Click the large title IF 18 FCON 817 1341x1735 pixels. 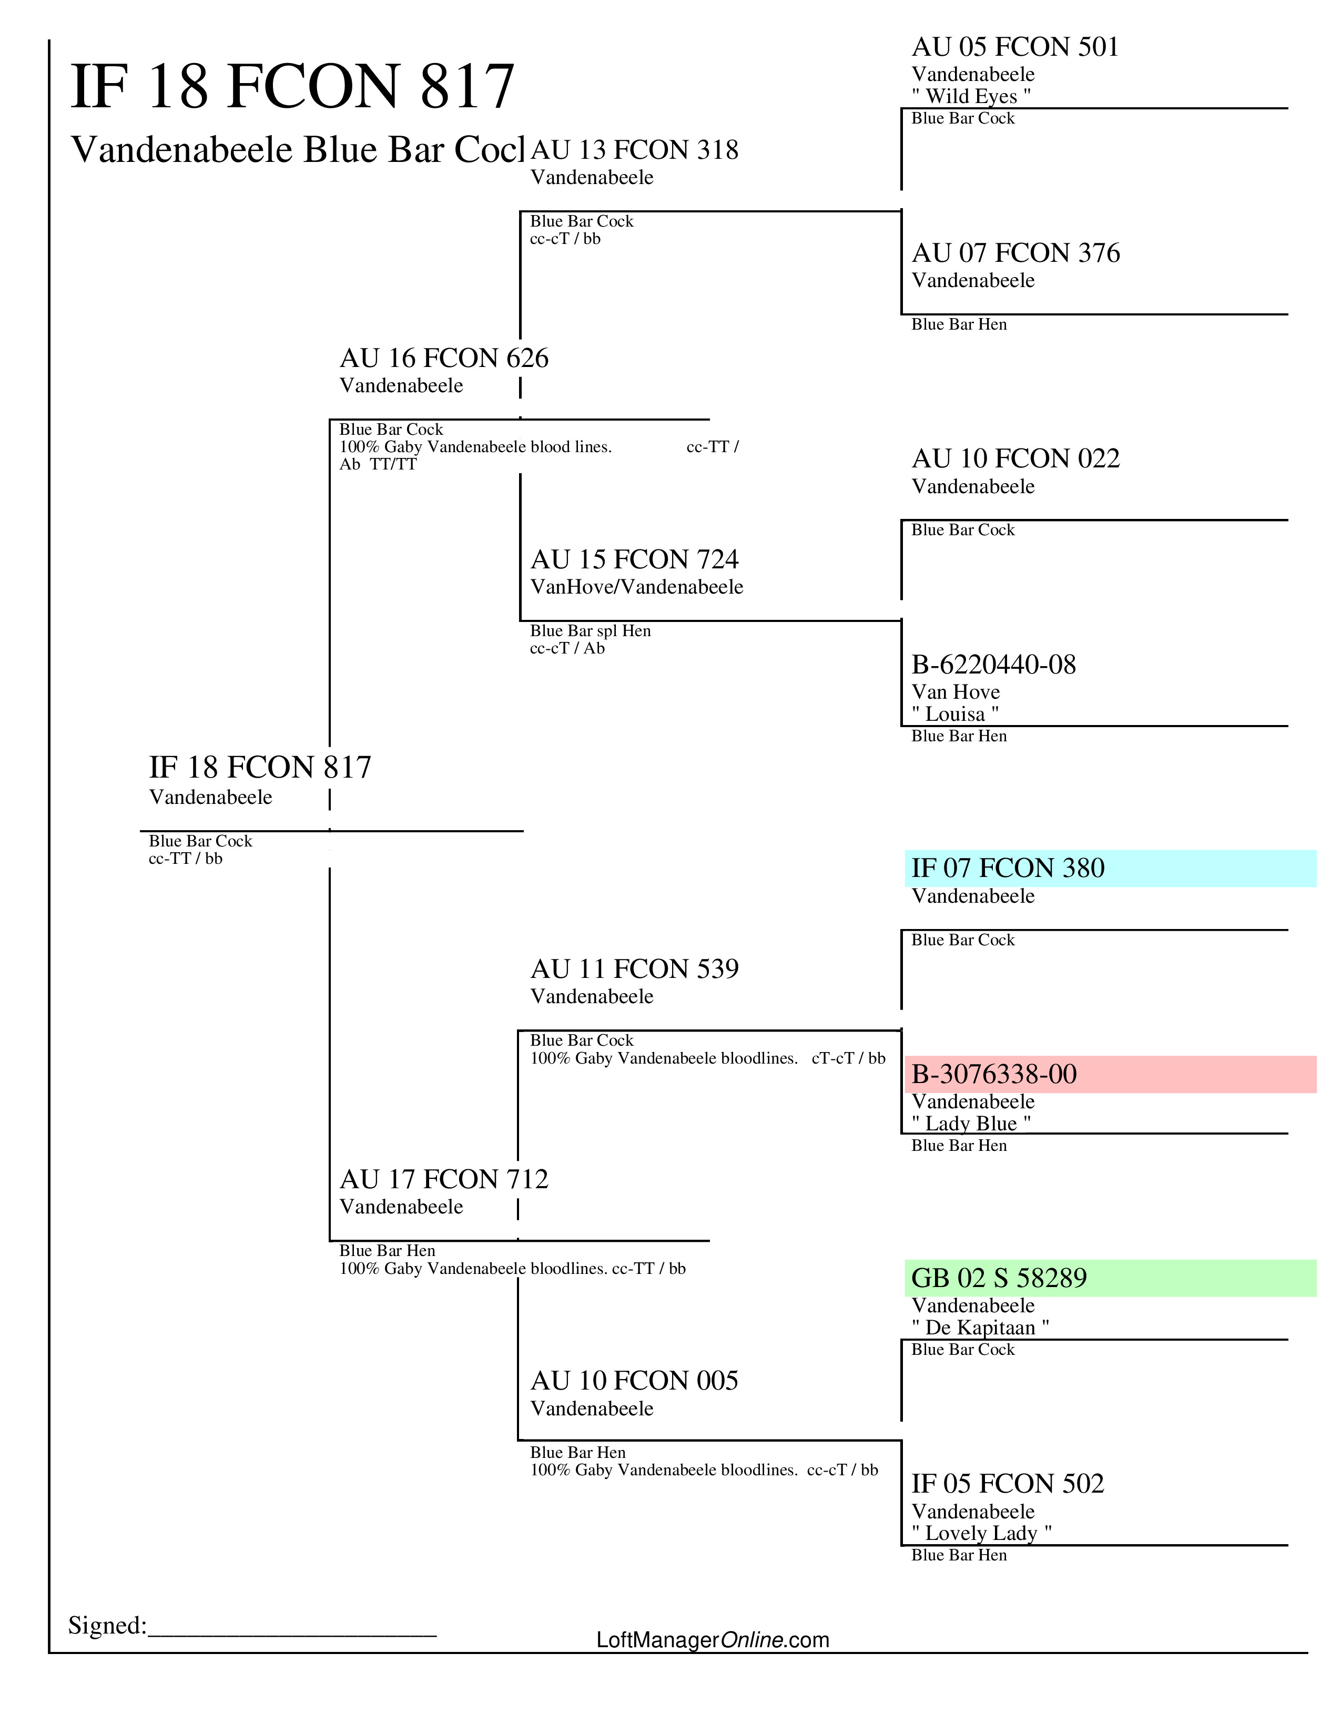[x=292, y=87]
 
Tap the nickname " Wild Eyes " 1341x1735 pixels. [x=971, y=96]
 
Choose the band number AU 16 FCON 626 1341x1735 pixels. [x=443, y=358]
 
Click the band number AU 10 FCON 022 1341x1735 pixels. [x=1015, y=458]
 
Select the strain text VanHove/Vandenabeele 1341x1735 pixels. [x=636, y=587]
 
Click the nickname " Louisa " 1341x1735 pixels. [x=955, y=714]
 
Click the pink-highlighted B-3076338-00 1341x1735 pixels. [x=994, y=1074]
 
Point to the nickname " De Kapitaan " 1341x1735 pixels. [x=980, y=1328]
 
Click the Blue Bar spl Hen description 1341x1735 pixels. [x=590, y=631]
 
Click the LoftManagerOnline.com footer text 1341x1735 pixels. [x=713, y=1640]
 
